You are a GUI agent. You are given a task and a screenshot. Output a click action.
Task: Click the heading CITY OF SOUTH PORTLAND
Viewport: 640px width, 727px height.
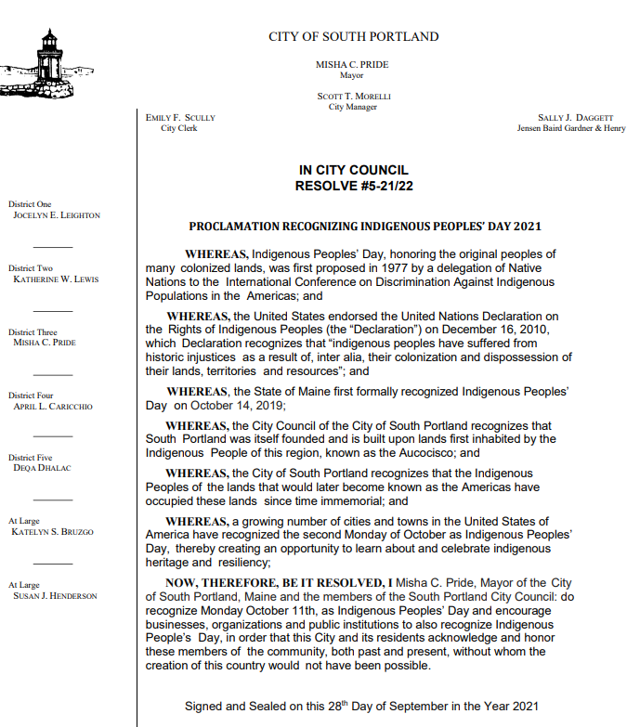click(x=353, y=37)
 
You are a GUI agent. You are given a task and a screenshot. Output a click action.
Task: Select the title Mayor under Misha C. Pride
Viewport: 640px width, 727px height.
click(x=352, y=76)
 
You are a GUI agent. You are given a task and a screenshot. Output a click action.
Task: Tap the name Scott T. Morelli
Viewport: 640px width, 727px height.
click(x=353, y=97)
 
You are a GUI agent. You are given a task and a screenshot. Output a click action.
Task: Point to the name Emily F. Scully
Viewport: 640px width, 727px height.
click(x=180, y=118)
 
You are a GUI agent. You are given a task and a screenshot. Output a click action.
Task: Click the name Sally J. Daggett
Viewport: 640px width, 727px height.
click(x=576, y=118)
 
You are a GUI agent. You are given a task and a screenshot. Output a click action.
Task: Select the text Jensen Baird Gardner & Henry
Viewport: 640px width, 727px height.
click(x=571, y=128)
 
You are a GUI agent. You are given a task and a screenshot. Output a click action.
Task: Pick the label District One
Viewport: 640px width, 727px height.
click(x=31, y=204)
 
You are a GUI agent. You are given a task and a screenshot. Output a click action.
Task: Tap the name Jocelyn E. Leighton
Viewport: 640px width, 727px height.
click(x=57, y=215)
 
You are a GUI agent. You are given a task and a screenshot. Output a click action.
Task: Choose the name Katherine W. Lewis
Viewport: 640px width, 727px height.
click(x=56, y=279)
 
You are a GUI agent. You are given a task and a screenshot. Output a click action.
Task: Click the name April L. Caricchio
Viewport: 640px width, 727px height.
click(x=53, y=406)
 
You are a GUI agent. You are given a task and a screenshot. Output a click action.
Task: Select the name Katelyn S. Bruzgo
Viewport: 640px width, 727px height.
click(x=53, y=532)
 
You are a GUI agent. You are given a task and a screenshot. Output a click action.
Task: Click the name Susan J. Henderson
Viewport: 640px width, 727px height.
click(x=55, y=596)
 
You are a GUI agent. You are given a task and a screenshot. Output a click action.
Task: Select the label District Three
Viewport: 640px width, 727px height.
click(x=33, y=331)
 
